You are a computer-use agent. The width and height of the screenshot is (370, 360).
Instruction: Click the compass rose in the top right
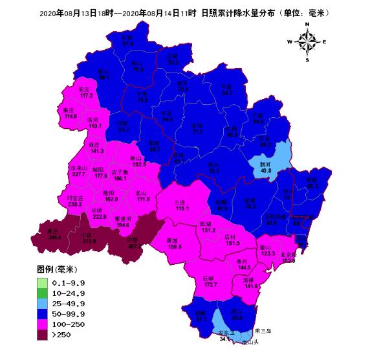coord(308,42)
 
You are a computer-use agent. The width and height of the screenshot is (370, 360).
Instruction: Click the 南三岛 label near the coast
coord(265,331)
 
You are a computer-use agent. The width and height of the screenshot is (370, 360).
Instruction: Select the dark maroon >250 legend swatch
coord(43,335)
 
